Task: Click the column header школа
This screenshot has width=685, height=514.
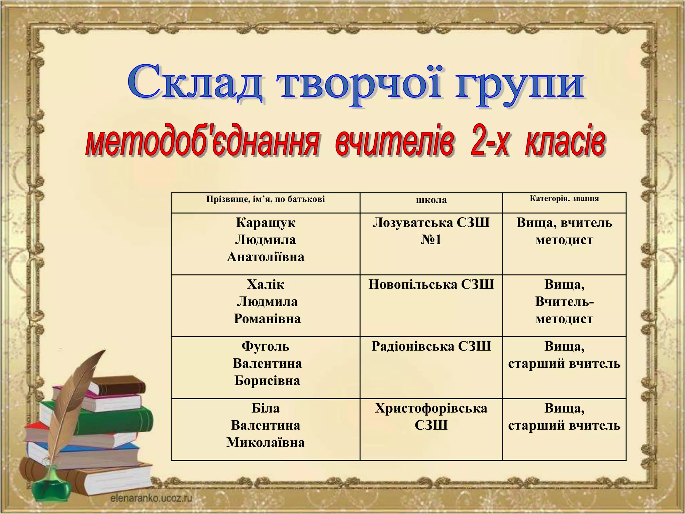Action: (431, 200)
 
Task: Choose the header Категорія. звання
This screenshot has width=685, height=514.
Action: (564, 198)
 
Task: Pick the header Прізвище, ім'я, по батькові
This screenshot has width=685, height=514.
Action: (266, 199)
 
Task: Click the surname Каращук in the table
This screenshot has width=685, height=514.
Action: (266, 223)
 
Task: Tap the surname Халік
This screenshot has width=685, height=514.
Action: (266, 284)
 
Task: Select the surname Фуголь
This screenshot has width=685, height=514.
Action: (266, 346)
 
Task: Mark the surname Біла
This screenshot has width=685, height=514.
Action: (266, 408)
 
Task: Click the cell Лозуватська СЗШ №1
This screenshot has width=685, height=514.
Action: (431, 231)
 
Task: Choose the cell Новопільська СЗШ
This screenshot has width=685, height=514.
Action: (431, 284)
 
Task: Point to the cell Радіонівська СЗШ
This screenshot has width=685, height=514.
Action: (431, 346)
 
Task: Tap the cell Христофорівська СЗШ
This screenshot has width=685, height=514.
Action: (431, 417)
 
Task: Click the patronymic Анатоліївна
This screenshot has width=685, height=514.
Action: (266, 257)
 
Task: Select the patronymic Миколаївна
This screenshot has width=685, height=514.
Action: (266, 442)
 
